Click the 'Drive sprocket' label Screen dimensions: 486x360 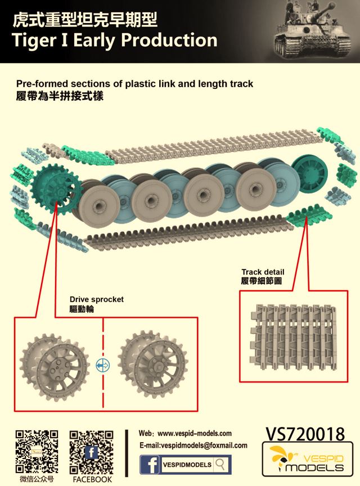tap(96, 299)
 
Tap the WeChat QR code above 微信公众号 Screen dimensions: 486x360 tap(36, 452)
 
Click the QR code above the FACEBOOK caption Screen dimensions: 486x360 tap(91, 452)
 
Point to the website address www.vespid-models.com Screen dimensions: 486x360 tap(195, 434)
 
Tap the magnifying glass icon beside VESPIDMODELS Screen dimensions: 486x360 tap(221, 465)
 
